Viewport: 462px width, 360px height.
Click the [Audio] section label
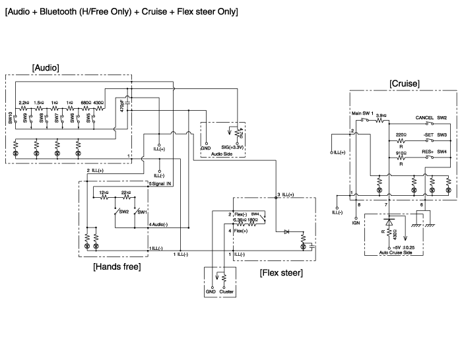[46, 67]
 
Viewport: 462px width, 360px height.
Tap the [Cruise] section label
[405, 84]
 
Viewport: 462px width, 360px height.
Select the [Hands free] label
[117, 266]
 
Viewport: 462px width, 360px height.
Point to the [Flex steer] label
[282, 272]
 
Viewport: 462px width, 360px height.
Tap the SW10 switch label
[11, 118]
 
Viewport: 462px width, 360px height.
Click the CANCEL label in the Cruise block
[424, 117]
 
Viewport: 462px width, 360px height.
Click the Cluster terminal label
[226, 290]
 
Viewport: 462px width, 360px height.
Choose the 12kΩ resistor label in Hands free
[103, 192]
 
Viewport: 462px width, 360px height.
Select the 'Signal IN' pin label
[162, 184]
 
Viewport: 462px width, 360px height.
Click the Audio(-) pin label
[160, 225]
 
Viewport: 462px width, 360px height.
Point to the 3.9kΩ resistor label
[381, 114]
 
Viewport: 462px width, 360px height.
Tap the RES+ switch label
[427, 152]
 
